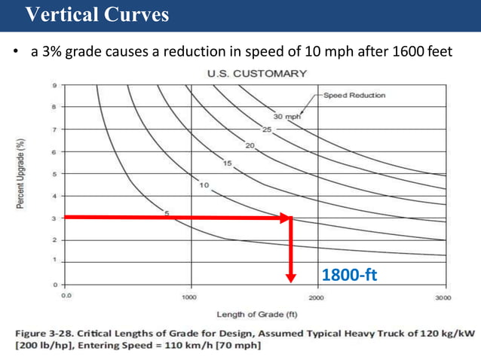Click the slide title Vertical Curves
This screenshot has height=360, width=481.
(97, 15)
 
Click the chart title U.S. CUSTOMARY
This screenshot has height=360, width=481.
(256, 73)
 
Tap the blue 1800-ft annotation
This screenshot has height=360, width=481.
(348, 276)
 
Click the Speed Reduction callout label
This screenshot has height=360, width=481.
(354, 96)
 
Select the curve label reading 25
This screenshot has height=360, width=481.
(267, 129)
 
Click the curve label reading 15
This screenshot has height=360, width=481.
(227, 163)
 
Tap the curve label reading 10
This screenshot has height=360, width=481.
(204, 185)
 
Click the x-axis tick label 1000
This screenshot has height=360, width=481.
(190, 297)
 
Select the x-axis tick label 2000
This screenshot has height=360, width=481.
(317, 297)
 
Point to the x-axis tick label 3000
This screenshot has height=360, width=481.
(443, 297)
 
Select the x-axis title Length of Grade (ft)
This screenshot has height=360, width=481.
(256, 313)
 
